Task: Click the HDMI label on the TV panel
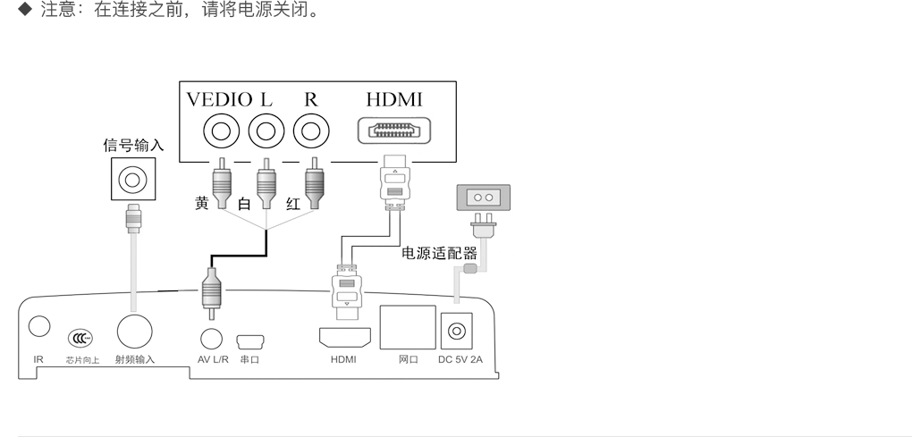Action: coord(394,99)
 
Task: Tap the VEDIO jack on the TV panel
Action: coord(219,132)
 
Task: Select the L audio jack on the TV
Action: coord(266,132)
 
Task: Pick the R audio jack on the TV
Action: coord(310,132)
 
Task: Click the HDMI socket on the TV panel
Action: coord(394,131)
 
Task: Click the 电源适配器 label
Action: coord(439,253)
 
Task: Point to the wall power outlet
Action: coord(483,197)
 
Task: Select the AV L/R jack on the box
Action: coord(211,338)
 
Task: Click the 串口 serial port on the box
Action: coord(249,340)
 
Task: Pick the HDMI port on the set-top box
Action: coord(345,337)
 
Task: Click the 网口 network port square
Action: coord(407,327)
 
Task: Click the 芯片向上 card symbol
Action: coord(80,339)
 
